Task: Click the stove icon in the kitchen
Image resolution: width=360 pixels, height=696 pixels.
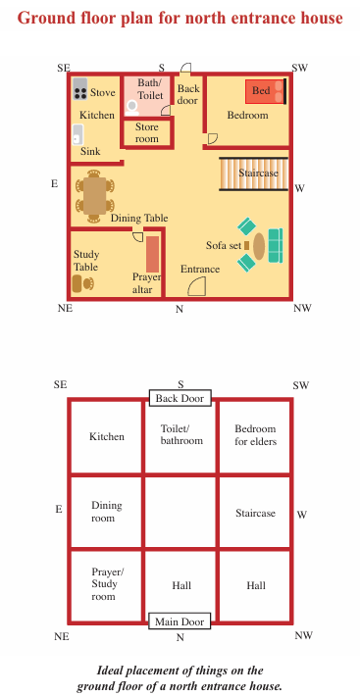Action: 79,89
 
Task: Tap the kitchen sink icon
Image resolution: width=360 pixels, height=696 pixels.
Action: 77,134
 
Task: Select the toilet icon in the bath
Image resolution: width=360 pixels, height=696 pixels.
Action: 131,108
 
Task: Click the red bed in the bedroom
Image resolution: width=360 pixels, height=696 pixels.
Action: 266,91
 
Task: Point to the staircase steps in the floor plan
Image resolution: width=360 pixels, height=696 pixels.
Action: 253,174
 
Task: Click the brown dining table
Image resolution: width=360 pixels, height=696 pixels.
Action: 94,196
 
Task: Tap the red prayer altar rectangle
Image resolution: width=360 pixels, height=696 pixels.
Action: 152,254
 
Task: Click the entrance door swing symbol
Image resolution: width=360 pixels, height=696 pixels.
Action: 197,286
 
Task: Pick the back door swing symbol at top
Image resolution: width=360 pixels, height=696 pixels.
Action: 186,68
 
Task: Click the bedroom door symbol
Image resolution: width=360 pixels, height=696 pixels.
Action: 212,139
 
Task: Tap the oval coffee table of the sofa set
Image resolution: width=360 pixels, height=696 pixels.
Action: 259,245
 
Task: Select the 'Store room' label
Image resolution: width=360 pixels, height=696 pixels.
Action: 147,132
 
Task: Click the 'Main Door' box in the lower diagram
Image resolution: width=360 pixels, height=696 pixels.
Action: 180,621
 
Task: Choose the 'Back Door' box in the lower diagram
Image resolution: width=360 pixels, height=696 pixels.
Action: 180,398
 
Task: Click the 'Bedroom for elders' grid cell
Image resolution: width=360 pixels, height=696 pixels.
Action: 255,437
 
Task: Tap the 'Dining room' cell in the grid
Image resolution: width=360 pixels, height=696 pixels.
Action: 107,512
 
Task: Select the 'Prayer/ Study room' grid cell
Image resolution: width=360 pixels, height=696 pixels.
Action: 107,586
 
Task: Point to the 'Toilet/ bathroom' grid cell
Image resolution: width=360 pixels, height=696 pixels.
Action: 180,437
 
